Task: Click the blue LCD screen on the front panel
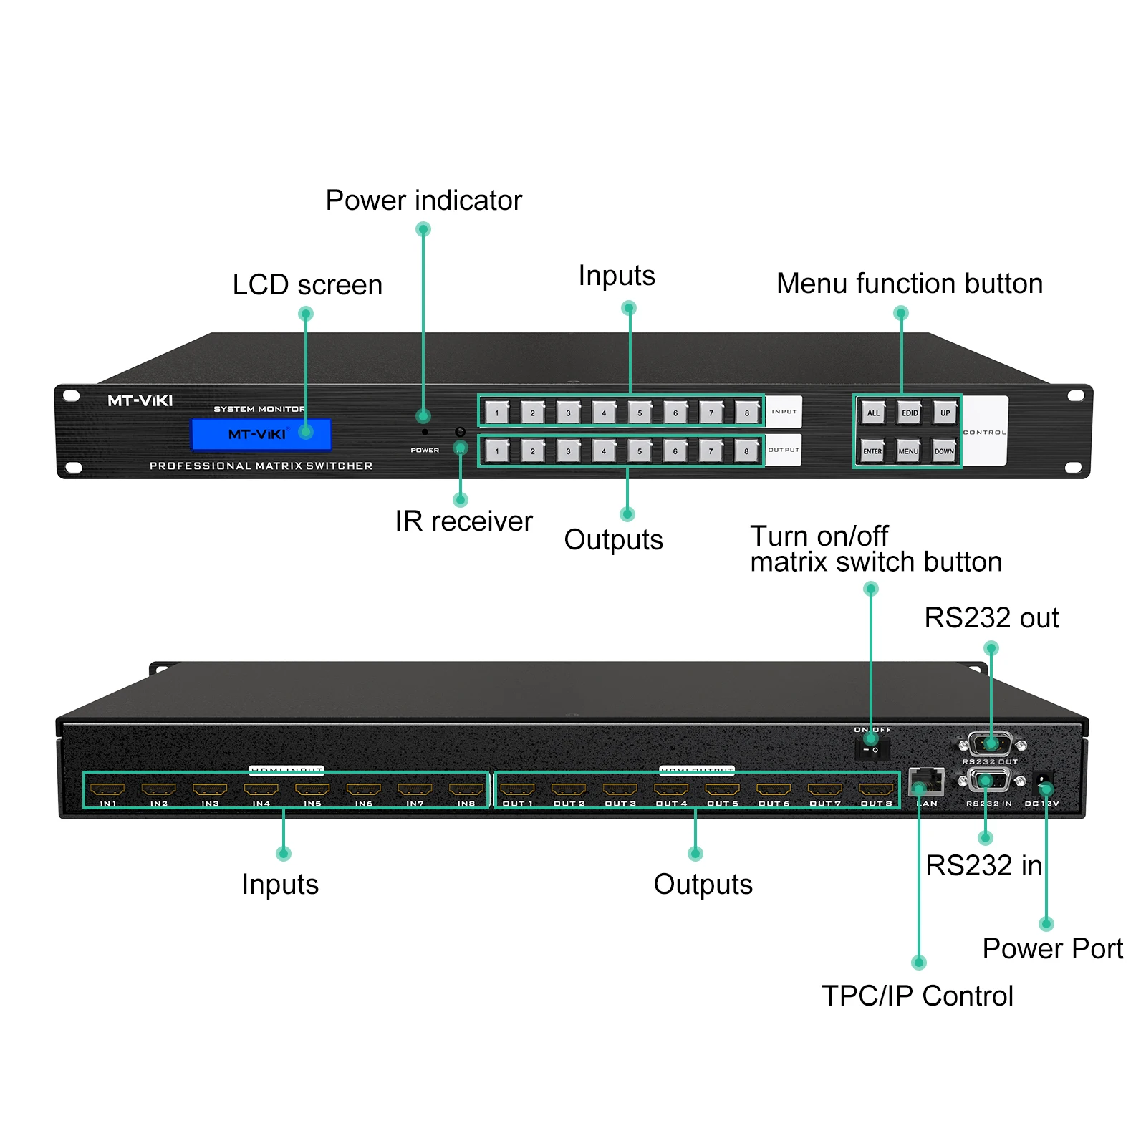[261, 434]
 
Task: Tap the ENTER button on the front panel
[872, 451]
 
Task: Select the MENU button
[908, 451]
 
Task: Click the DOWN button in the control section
[944, 451]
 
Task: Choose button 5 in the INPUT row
[640, 413]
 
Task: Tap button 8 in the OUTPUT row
[746, 451]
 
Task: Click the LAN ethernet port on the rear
[926, 781]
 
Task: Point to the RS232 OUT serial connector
[990, 744]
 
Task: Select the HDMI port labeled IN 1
[107, 789]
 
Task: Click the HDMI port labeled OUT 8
[876, 789]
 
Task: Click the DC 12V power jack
[1044, 781]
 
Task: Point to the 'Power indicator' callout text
[423, 201]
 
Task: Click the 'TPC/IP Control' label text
[917, 996]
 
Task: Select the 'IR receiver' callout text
[463, 521]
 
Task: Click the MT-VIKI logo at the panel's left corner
[140, 400]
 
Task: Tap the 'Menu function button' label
[909, 284]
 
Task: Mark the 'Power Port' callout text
[1052, 948]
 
